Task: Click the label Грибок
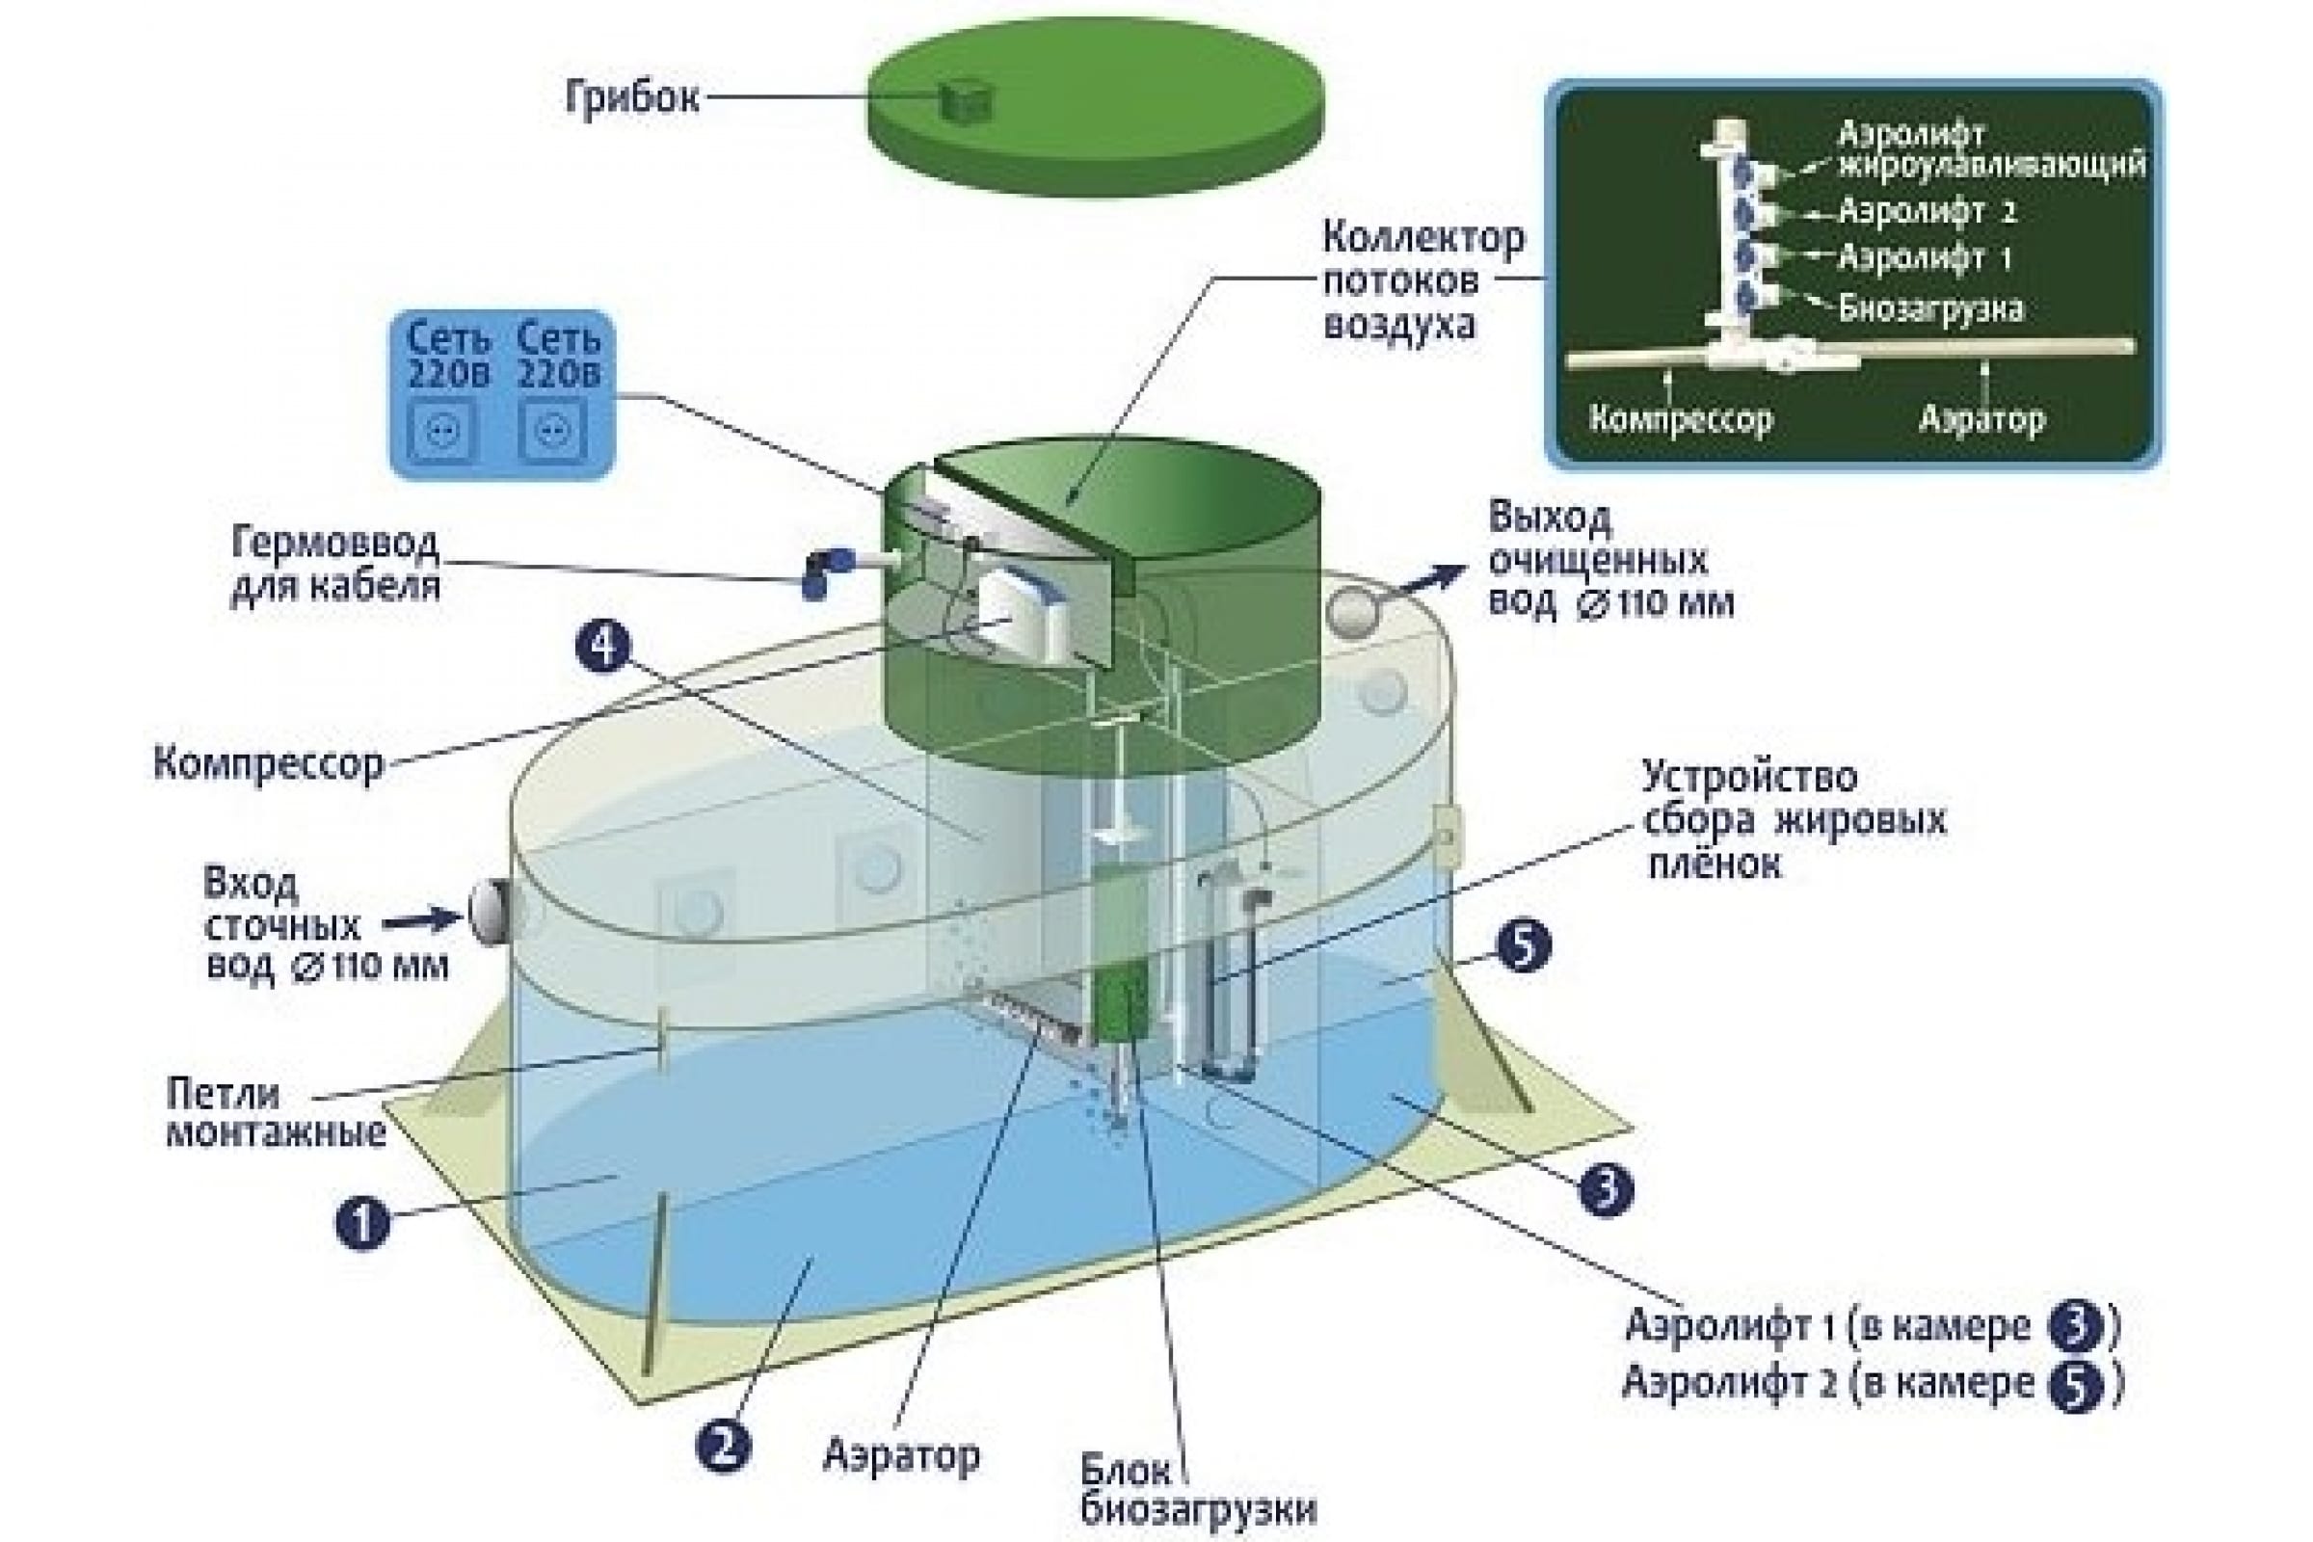631,97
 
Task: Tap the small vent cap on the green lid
965,100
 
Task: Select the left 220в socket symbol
442,431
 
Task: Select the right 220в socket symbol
552,431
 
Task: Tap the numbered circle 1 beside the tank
363,1222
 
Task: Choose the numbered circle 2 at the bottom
723,1447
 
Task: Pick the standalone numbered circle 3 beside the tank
1606,1189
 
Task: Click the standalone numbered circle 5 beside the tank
1524,946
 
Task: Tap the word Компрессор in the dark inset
1681,419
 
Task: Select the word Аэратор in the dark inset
1981,419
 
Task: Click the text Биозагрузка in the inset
1930,308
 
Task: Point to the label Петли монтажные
277,1112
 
